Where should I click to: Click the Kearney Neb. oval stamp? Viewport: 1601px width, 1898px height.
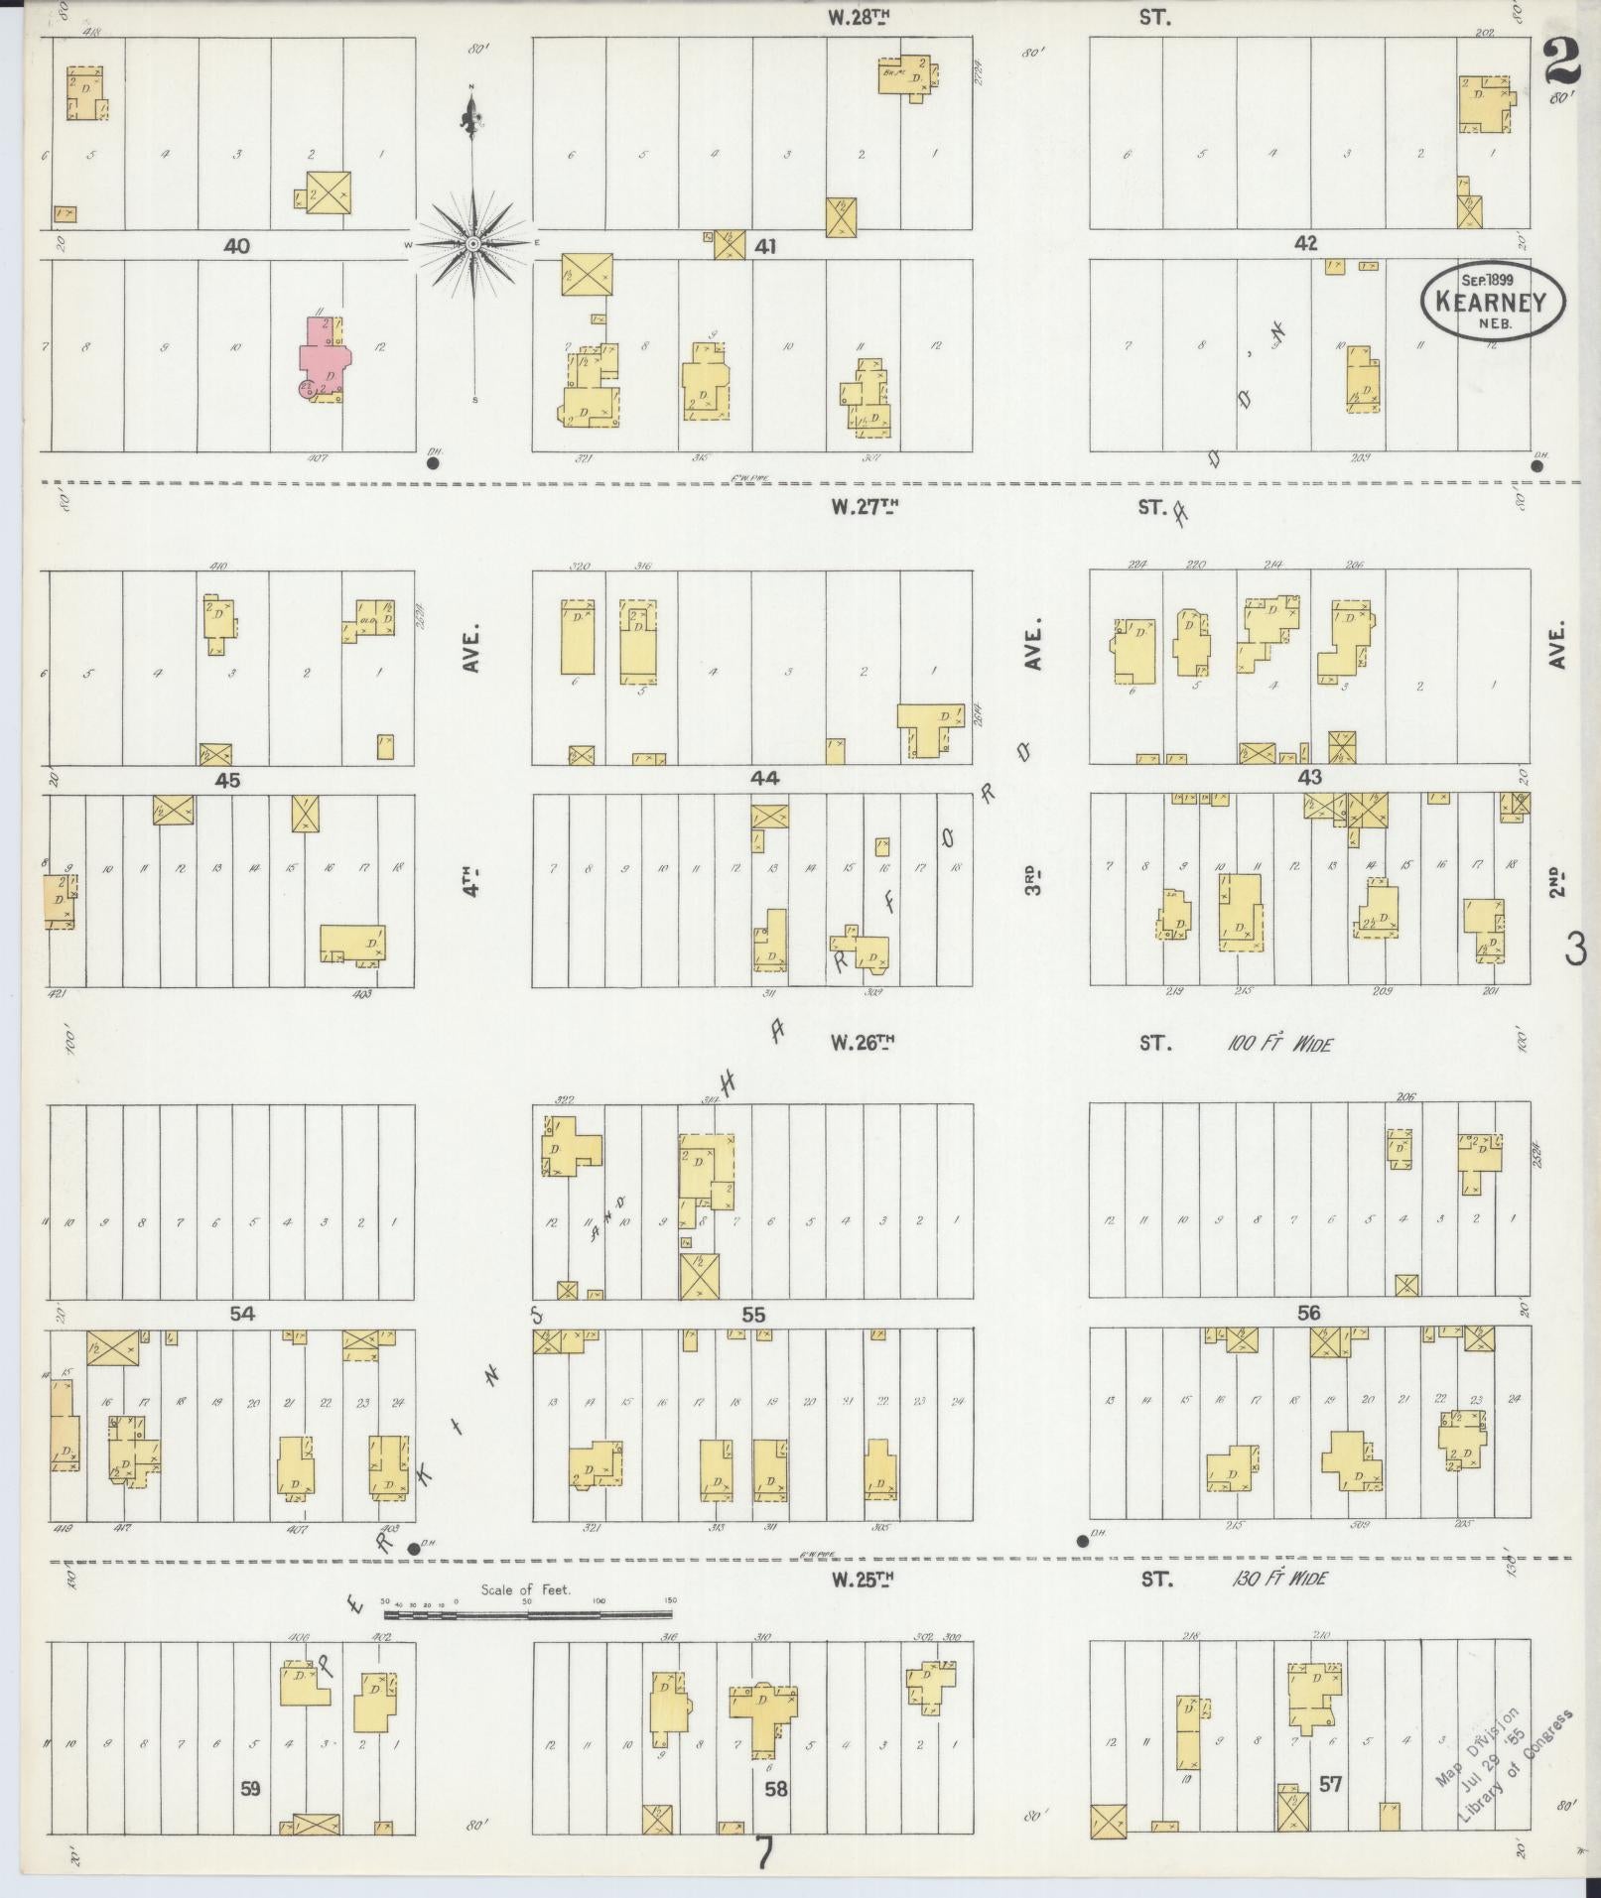(1492, 300)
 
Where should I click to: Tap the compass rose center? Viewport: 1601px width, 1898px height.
(473, 243)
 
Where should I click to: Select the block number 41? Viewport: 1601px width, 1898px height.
(764, 245)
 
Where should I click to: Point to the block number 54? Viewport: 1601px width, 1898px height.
(241, 1314)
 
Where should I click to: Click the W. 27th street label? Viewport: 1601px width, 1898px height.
(865, 507)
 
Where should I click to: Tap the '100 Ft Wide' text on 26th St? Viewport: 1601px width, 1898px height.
(1279, 1044)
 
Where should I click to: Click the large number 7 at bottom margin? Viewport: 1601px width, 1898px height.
(762, 1852)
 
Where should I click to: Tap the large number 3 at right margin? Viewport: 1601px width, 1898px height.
(1574, 949)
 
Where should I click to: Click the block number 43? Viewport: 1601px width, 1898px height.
(1309, 778)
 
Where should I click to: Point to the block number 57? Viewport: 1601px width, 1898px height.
(1330, 1784)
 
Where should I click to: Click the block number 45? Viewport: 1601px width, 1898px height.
(227, 780)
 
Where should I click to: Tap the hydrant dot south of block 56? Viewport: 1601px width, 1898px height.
(1082, 1541)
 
